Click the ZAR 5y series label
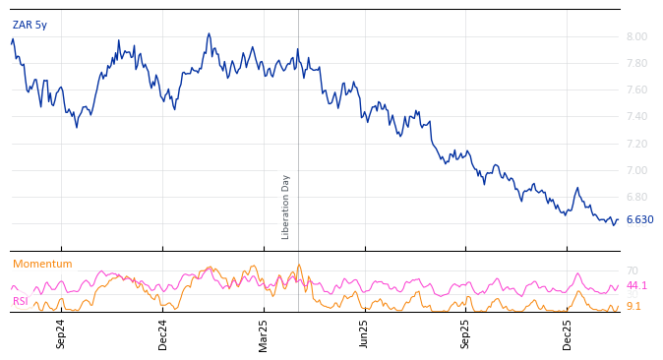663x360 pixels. pos(30,26)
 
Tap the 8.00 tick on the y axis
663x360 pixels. pos(636,37)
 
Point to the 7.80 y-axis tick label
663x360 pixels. pos(636,64)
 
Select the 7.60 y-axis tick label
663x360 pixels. pos(636,90)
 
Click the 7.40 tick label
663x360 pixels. pos(636,117)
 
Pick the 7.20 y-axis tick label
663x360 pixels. pos(636,145)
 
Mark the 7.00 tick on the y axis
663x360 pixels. pos(636,171)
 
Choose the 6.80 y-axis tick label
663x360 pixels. pos(636,198)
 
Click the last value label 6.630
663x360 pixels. pos(639,220)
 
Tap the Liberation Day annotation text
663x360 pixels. pos(286,207)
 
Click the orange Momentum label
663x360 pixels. pos(42,265)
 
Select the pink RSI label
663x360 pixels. pos(20,302)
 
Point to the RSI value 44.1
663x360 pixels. pos(636,286)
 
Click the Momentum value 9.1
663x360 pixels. pos(633,307)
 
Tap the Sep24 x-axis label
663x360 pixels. pos(61,333)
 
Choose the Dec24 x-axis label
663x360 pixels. pos(163,333)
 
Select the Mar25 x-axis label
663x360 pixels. pos(264,333)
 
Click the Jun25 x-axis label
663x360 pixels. pos(364,333)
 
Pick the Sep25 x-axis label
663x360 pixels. pos(465,333)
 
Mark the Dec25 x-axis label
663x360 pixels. pos(568,333)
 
